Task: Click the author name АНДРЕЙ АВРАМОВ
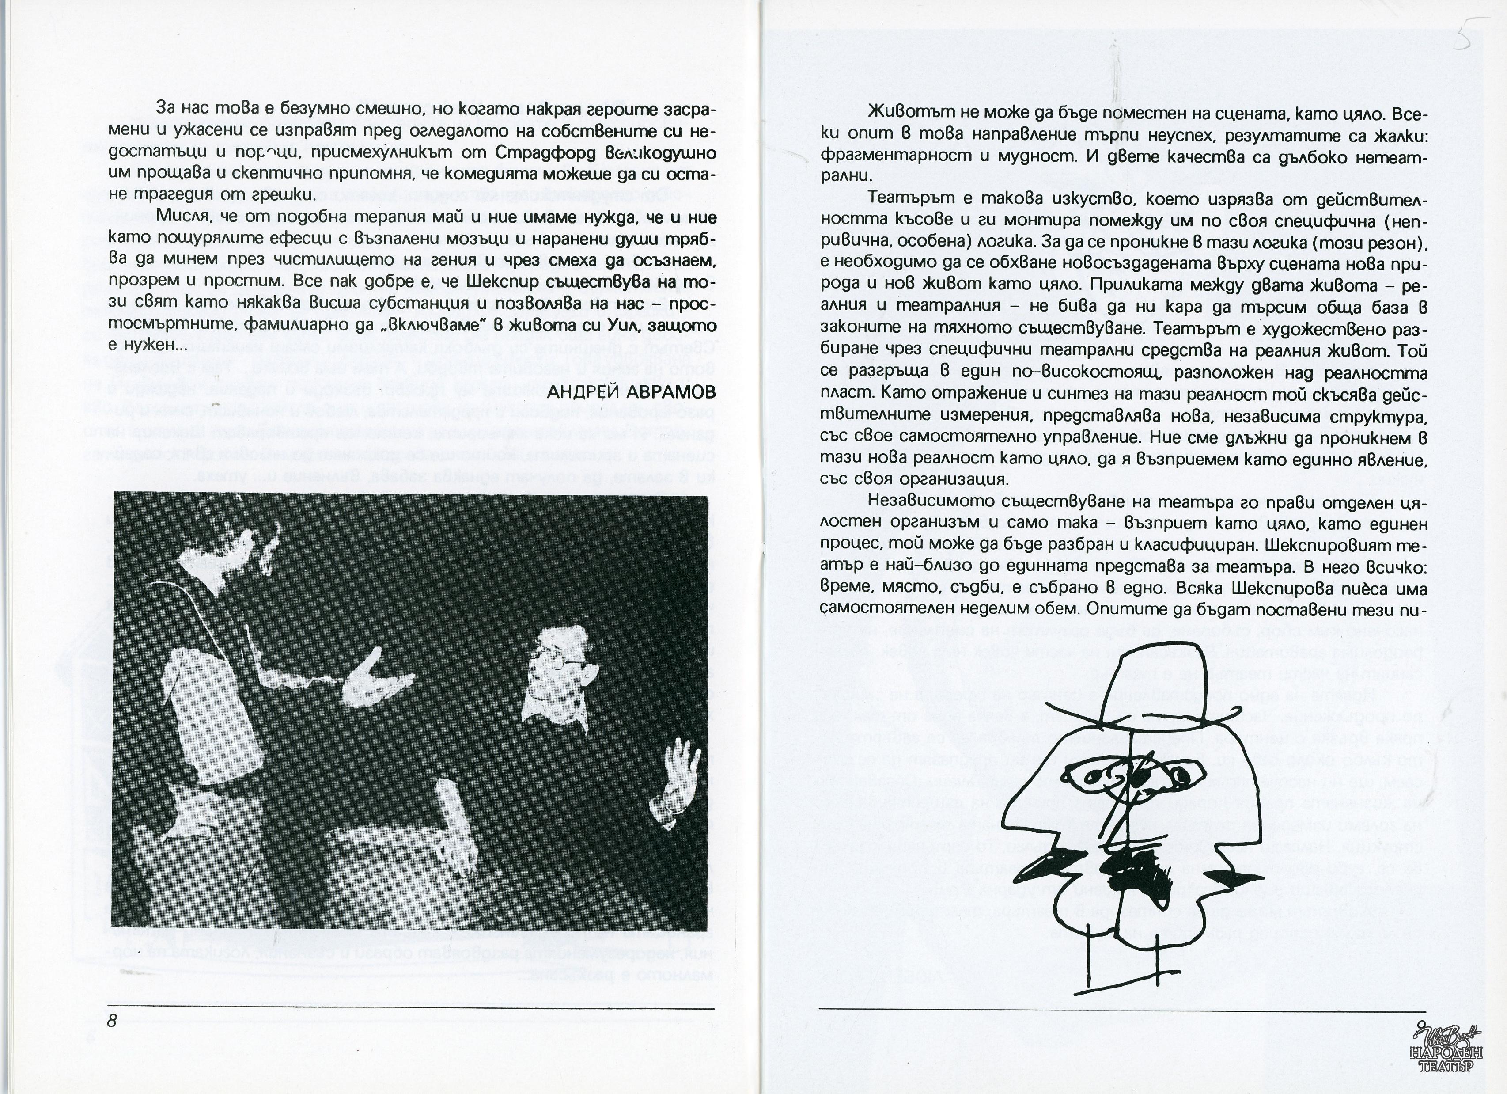pos(631,391)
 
